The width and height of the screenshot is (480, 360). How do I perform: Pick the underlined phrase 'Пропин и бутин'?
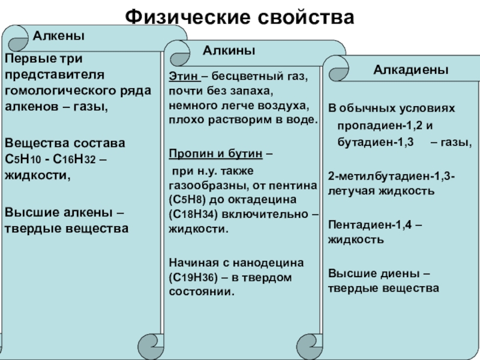pyautogui.click(x=215, y=154)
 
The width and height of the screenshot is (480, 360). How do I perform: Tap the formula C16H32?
pyautogui.click(x=78, y=160)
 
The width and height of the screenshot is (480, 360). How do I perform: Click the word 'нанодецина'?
pyautogui.click(x=272, y=263)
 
